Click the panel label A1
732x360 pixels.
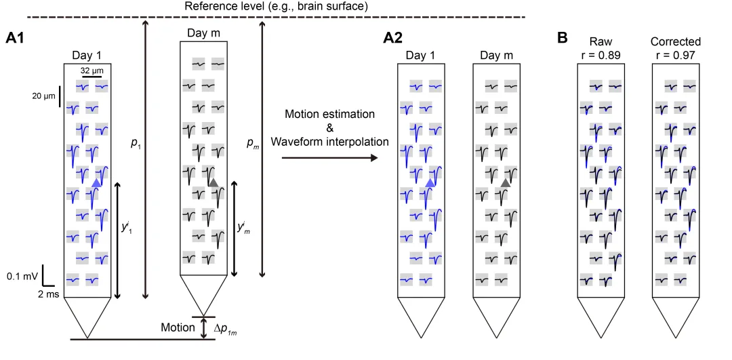tap(14, 38)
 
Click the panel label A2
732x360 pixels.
tap(393, 38)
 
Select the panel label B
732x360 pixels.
tap(563, 38)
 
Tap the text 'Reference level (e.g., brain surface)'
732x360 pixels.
tap(277, 7)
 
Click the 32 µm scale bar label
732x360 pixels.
tap(91, 71)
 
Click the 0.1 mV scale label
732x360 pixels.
tap(22, 276)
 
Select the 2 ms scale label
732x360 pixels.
tap(47, 294)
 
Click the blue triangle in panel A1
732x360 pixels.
tap(96, 182)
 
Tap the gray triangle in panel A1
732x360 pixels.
tap(213, 182)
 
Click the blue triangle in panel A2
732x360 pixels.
tap(430, 182)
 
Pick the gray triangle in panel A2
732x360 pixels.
tap(506, 182)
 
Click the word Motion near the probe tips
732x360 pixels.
tap(178, 327)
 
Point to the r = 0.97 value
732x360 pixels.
tap(676, 55)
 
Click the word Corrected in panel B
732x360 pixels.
tap(676, 42)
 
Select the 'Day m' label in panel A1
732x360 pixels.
tap(203, 33)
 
